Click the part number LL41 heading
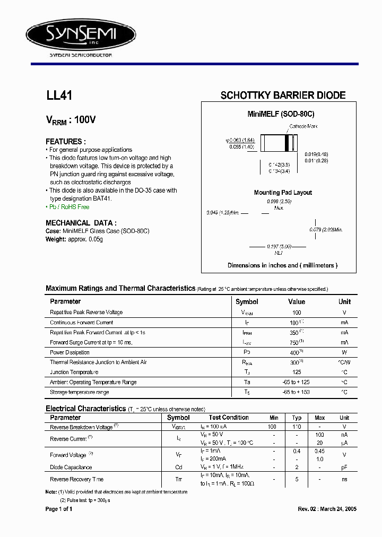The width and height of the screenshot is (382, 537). pyautogui.click(x=59, y=96)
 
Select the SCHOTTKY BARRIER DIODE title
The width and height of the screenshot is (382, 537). pyautogui.click(x=283, y=96)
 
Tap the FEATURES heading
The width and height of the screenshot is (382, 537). pyautogui.click(x=66, y=142)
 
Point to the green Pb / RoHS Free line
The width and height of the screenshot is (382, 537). pyautogui.click(x=67, y=206)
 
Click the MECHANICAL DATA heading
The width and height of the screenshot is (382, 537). pyautogui.click(x=81, y=223)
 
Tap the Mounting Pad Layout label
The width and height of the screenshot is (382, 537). pyautogui.click(x=283, y=193)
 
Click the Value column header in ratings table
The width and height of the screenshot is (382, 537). pyautogui.click(x=296, y=301)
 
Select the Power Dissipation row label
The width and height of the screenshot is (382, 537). pyautogui.click(x=70, y=352)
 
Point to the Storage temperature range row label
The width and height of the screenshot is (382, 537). pyautogui.click(x=79, y=392)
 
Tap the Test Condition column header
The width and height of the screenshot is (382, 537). pyautogui.click(x=229, y=418)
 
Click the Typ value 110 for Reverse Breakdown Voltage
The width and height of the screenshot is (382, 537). pyautogui.click(x=297, y=427)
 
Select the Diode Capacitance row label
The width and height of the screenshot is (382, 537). pyautogui.click(x=71, y=467)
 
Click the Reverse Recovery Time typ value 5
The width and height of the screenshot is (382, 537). pyautogui.click(x=297, y=479)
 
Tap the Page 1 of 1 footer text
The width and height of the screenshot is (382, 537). pyautogui.click(x=59, y=509)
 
